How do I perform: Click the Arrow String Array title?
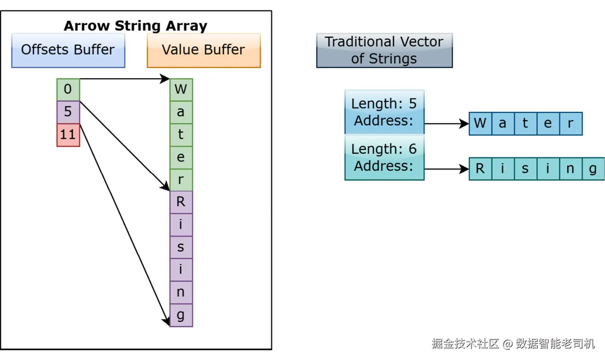pos(136,26)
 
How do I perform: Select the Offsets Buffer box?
pos(68,51)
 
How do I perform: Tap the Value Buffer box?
pos(204,51)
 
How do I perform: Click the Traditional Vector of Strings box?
pos(384,51)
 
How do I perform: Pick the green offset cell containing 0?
pos(68,90)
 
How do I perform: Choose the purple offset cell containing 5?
pos(68,112)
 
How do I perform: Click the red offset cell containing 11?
pos(68,135)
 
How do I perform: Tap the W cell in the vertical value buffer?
pos(181,90)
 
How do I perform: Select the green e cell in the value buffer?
pos(181,157)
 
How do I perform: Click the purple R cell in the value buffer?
pos(181,203)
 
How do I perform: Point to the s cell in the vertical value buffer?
pos(181,247)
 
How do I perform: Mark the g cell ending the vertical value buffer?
pos(181,315)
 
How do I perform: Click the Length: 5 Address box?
pos(384,112)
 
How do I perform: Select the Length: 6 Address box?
pos(384,157)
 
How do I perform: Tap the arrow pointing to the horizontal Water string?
pos(447,123)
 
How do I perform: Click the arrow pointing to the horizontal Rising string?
pos(447,169)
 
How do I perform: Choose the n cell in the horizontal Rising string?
pos(571,169)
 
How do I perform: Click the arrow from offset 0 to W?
pos(125,79)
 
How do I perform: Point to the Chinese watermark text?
pos(513,344)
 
